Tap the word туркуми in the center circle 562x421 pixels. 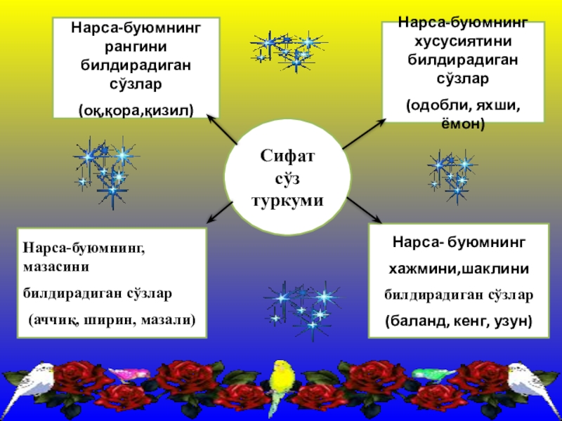287,199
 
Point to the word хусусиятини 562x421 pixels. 462,41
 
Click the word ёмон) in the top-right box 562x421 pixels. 462,123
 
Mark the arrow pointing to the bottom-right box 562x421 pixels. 362,208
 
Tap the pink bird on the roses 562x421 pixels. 133,374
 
